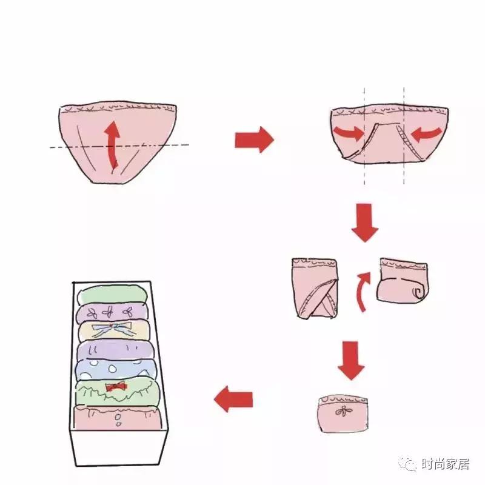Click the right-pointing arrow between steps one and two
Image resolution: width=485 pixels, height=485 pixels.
point(254,140)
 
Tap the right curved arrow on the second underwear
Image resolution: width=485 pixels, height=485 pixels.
point(426,133)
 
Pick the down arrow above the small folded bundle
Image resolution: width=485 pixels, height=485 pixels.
point(351,360)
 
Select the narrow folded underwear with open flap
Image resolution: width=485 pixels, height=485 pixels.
point(313,289)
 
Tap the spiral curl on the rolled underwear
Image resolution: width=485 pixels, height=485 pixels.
point(417,292)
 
